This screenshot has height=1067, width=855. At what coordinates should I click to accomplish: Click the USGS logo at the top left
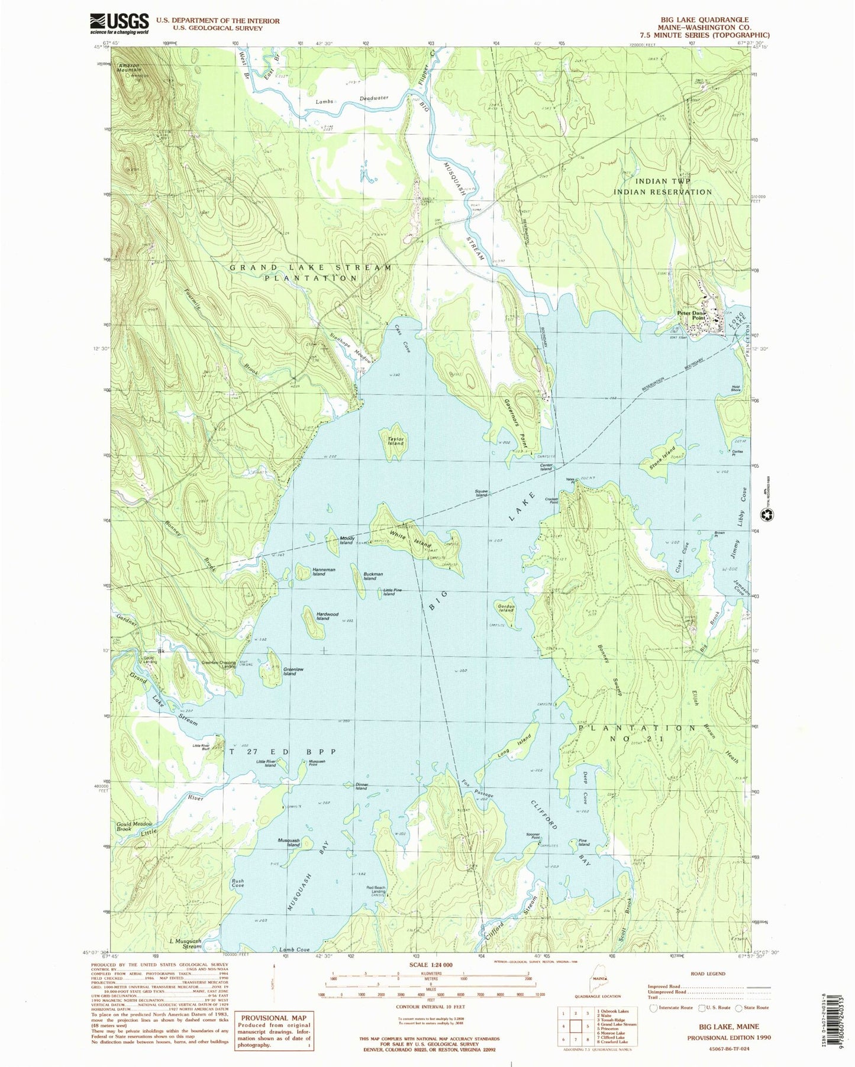click(119, 23)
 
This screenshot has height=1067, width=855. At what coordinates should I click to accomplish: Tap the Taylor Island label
click(395, 441)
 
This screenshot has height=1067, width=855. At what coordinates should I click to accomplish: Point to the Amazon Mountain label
click(128, 67)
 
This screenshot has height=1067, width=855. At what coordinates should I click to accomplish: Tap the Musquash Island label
click(289, 842)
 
